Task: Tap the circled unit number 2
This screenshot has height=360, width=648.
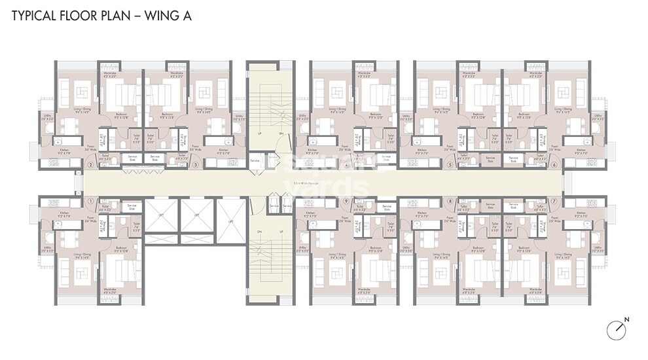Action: coord(90,165)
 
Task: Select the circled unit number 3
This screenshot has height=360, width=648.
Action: coord(196,165)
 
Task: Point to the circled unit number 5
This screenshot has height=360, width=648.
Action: coord(450,165)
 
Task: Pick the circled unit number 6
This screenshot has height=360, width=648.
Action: coord(554,165)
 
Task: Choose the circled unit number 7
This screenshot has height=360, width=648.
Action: coord(554,201)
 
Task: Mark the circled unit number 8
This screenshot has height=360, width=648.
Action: coord(450,201)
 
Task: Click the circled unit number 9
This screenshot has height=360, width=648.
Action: coord(345,201)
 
